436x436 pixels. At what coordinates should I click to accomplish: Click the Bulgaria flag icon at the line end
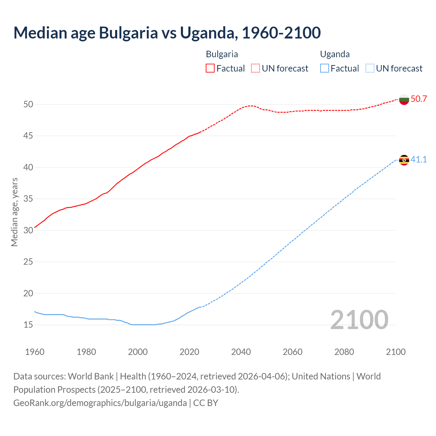(x=404, y=99)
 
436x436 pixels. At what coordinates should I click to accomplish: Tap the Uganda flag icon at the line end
(x=404, y=160)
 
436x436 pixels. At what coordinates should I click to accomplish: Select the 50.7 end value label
(x=419, y=99)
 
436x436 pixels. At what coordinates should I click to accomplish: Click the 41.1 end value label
(x=419, y=159)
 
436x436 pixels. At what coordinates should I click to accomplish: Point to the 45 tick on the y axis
(x=28, y=136)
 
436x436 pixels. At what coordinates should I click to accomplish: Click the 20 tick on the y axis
(x=28, y=293)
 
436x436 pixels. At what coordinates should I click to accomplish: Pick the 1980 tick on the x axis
(x=86, y=352)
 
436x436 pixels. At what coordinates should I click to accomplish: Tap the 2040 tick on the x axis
(x=241, y=352)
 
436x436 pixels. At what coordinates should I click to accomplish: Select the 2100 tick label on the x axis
(x=395, y=352)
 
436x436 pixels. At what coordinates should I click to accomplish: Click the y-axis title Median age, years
(x=14, y=212)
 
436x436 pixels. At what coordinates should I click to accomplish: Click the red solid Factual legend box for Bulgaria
(x=210, y=68)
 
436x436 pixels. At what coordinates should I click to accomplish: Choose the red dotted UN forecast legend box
(x=255, y=68)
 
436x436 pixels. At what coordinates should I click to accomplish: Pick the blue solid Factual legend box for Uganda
(x=325, y=68)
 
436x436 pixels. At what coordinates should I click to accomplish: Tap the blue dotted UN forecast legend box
(x=370, y=68)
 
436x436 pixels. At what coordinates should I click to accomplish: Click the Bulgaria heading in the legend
(x=222, y=54)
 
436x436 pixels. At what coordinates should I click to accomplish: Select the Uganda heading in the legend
(x=335, y=54)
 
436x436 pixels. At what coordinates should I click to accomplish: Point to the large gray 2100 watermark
(x=359, y=320)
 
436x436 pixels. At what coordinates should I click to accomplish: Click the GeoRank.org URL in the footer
(x=100, y=403)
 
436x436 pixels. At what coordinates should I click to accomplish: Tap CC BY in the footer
(x=206, y=403)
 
